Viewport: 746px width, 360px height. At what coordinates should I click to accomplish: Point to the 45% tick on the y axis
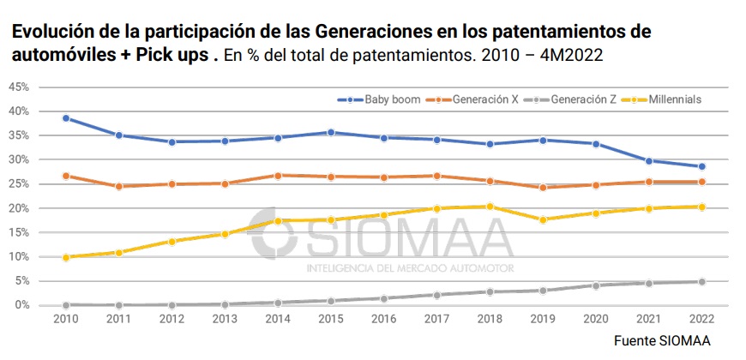[20, 87]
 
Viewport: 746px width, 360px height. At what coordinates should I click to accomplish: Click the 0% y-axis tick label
[22, 305]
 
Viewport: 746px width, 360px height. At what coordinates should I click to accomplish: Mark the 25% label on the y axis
[20, 184]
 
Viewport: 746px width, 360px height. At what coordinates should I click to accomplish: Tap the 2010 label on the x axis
[65, 320]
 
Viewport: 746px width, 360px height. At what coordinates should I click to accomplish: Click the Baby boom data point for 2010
[66, 118]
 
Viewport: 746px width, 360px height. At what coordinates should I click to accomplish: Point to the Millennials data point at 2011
[119, 252]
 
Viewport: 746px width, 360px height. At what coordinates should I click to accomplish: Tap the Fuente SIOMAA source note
[662, 341]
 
